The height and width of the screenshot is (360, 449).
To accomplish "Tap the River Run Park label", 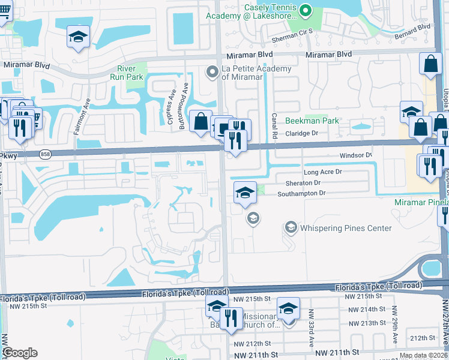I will (127, 73).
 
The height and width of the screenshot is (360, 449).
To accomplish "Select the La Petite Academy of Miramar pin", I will (212, 73).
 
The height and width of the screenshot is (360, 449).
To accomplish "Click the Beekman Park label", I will (312, 121).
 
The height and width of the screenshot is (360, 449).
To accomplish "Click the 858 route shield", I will (45, 154).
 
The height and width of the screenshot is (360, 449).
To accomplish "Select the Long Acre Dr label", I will (322, 172).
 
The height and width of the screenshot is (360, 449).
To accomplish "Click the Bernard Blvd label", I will (413, 31).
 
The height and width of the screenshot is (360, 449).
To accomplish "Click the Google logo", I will (19, 353).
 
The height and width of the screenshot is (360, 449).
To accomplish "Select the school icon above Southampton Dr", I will (245, 193).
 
